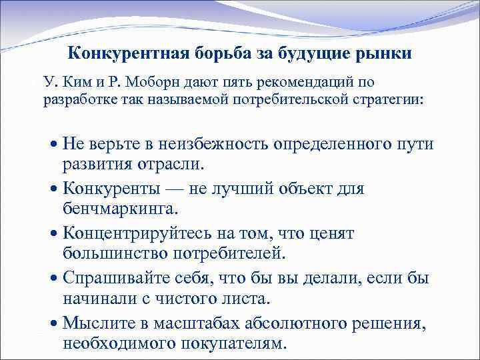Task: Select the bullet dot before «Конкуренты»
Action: tap(54, 189)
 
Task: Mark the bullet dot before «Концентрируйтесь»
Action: tap(54, 235)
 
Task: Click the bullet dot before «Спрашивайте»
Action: tap(54, 279)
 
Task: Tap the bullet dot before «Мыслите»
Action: tap(54, 323)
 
